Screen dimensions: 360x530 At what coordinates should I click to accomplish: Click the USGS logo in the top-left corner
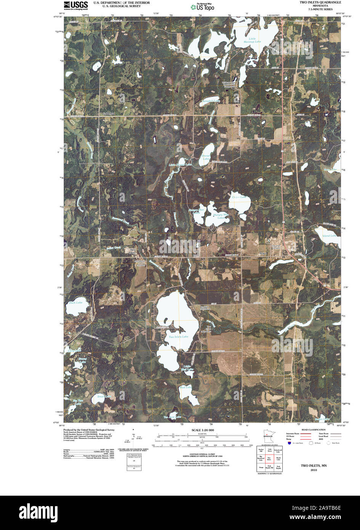(76, 5)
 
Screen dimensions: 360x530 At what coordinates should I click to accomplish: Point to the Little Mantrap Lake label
(255, 40)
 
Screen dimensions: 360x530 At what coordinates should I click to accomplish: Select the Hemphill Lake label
(210, 101)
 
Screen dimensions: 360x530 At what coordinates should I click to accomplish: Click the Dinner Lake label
(206, 157)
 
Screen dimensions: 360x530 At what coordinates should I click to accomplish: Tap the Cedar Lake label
(239, 197)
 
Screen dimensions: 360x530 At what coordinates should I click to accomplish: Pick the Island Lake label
(329, 236)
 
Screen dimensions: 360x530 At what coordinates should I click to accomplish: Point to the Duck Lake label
(75, 302)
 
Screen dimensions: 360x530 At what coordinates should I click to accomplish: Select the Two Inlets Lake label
(178, 337)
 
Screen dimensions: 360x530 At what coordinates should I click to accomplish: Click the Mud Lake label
(186, 387)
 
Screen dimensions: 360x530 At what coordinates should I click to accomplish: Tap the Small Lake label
(104, 397)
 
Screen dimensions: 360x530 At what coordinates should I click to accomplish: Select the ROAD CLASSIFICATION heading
(313, 430)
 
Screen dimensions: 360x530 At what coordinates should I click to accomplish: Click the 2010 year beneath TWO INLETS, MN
(314, 470)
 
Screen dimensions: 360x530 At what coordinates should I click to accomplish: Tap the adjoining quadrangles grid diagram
(269, 459)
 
